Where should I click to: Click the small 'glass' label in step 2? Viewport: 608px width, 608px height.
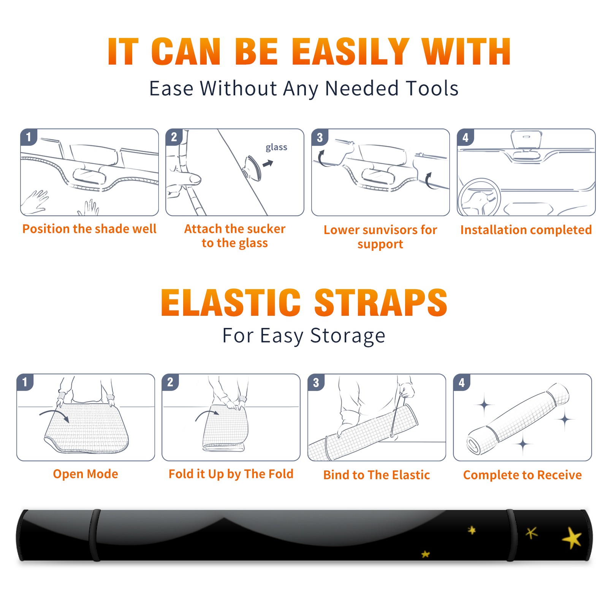pyautogui.click(x=276, y=147)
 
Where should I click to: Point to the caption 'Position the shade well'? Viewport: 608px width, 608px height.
pyautogui.click(x=89, y=229)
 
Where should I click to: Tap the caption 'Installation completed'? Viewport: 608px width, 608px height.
pyautogui.click(x=526, y=230)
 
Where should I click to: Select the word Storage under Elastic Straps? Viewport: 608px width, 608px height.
pyautogui.click(x=348, y=336)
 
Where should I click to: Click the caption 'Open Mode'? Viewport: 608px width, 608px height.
pyautogui.click(x=85, y=474)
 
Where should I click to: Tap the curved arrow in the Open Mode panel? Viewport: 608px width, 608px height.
pyautogui.click(x=54, y=415)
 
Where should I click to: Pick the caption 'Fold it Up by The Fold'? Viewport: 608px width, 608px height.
pyautogui.click(x=231, y=474)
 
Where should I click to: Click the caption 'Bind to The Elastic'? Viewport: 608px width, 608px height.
pyautogui.click(x=377, y=475)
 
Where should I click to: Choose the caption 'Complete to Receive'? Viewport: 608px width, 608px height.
pyautogui.click(x=522, y=475)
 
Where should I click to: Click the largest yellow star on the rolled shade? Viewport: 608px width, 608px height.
pyautogui.click(x=572, y=538)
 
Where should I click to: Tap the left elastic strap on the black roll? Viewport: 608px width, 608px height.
pyautogui.click(x=95, y=535)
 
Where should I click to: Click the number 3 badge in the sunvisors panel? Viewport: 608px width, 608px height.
pyautogui.click(x=320, y=138)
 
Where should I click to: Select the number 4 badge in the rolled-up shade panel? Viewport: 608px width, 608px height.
pyautogui.click(x=462, y=382)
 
